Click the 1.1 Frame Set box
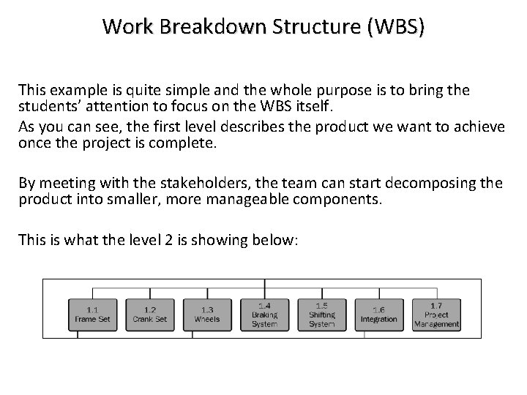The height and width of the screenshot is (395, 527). click(92, 314)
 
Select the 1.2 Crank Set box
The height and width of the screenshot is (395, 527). click(149, 314)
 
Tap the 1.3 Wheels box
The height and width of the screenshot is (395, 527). click(207, 314)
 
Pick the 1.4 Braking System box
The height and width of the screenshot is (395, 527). click(264, 314)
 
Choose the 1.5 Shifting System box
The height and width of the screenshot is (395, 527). click(321, 314)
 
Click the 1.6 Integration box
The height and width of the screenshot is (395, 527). click(378, 314)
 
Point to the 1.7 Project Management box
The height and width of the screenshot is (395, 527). click(436, 314)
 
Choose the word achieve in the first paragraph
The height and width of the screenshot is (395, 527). click(479, 127)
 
